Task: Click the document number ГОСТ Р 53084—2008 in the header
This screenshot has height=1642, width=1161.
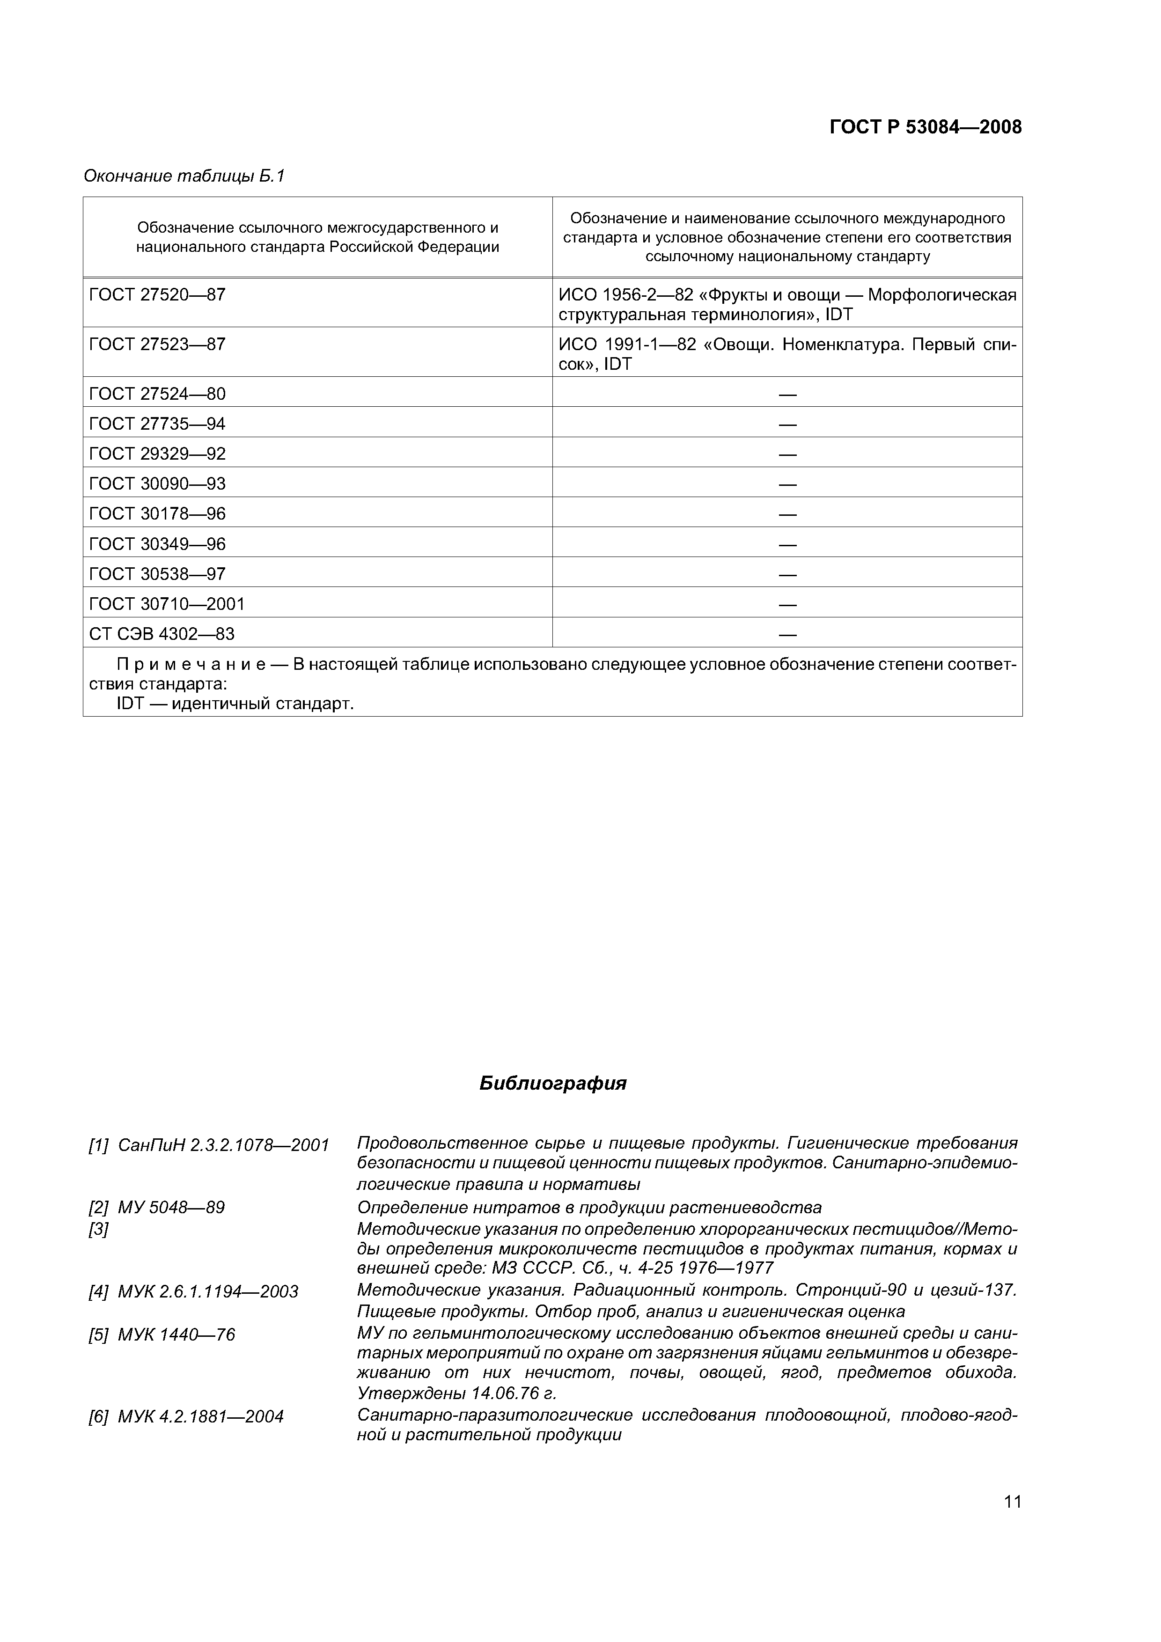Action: click(925, 127)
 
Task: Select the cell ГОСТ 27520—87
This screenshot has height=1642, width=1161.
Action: click(157, 294)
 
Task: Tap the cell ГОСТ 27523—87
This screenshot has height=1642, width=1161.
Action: click(157, 345)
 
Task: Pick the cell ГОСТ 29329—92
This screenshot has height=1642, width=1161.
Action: click(157, 454)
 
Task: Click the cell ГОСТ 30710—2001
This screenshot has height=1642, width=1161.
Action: click(166, 604)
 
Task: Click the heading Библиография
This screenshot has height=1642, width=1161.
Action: click(552, 1084)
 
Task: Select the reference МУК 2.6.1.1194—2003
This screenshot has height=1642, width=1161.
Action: click(207, 1291)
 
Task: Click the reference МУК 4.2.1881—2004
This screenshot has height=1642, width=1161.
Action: click(200, 1416)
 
